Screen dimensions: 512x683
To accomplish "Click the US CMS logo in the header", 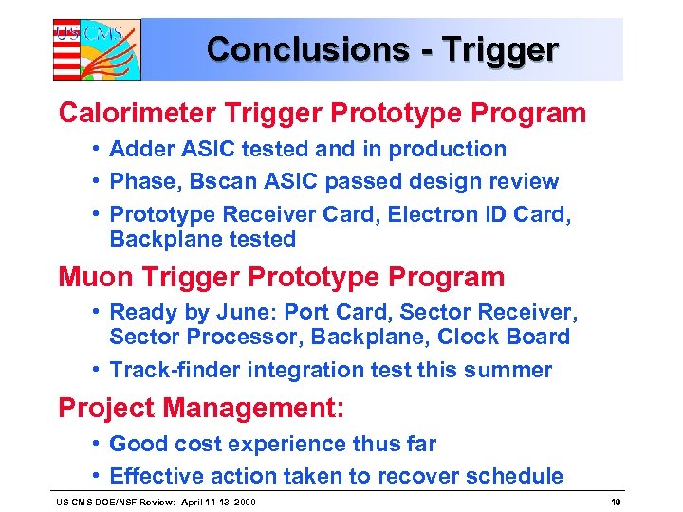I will [x=96, y=48].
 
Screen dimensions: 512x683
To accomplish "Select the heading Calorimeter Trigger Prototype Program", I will [x=323, y=113].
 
